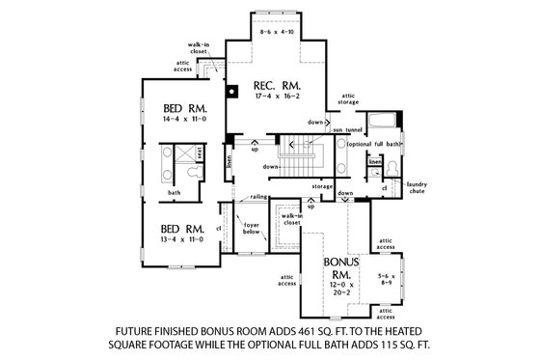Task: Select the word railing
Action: tap(258, 196)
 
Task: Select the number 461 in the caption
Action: tap(337, 328)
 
